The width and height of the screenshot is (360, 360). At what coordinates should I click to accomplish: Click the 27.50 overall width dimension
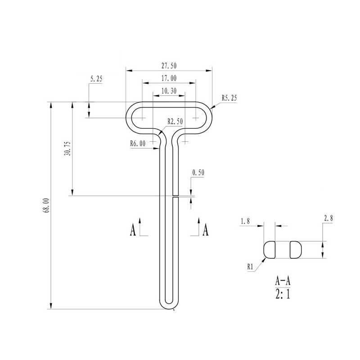pos(169,66)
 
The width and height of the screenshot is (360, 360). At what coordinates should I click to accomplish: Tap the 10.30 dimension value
pos(168,90)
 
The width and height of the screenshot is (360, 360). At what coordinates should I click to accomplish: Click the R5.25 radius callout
pos(229,98)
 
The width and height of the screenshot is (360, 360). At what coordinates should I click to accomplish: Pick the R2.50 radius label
pos(175,121)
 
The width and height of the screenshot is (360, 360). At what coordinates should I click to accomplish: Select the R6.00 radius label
pos(138,144)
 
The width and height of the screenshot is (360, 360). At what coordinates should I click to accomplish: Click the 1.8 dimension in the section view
pos(245,221)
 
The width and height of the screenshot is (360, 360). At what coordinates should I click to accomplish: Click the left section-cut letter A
pos(133,230)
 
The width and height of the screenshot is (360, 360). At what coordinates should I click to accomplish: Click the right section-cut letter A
pos(206,230)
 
